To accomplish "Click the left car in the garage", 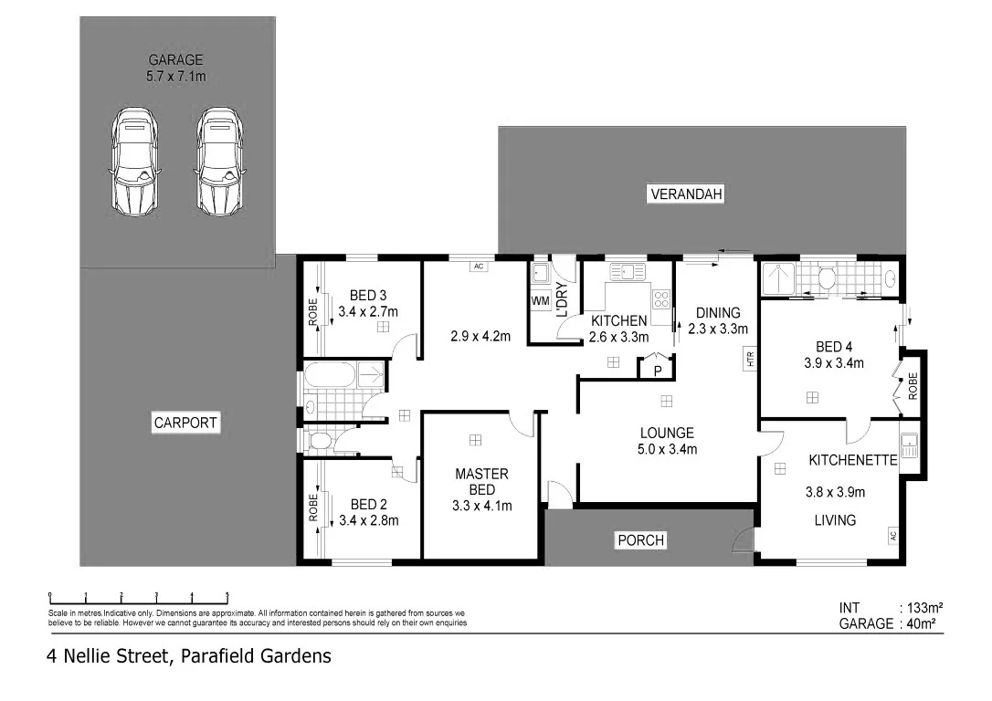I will (x=134, y=162).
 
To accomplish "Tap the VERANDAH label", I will (x=685, y=194).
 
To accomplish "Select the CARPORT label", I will (x=185, y=424).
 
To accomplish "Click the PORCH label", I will (x=640, y=540).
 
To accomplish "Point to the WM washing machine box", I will (x=540, y=299).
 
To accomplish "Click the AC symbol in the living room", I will (x=894, y=536).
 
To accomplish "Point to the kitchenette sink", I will (x=909, y=445).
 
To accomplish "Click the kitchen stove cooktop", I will (x=661, y=298).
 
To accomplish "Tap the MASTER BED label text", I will (x=481, y=481).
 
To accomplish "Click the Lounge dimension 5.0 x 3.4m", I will (x=667, y=449).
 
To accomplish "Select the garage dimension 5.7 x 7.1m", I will (x=176, y=77).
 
